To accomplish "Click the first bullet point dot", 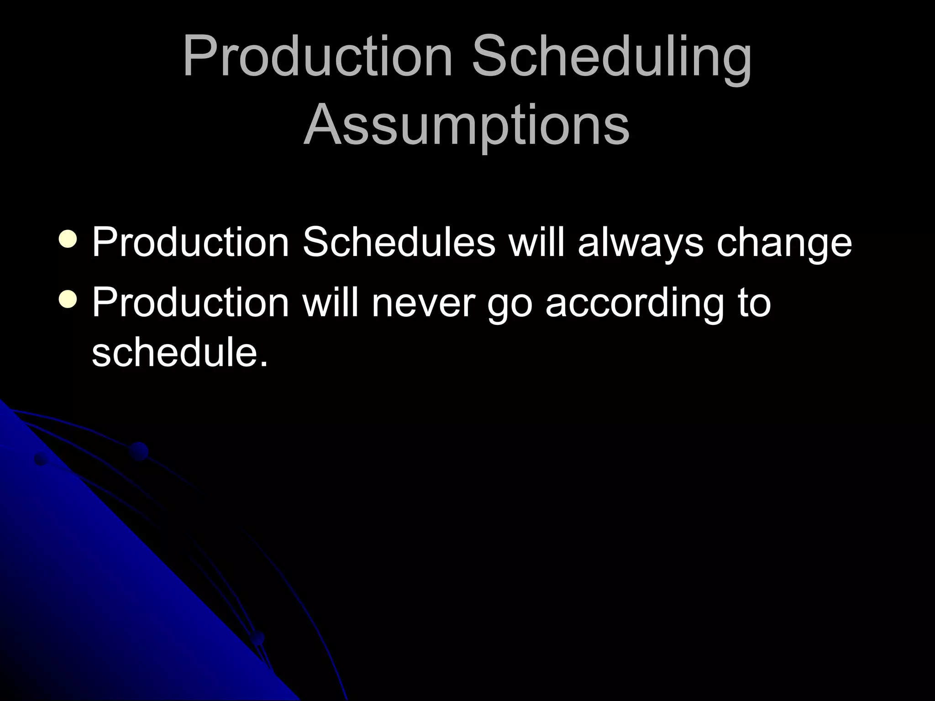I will (68, 240).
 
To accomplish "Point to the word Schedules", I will (399, 242).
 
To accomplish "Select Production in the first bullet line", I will (190, 242).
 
